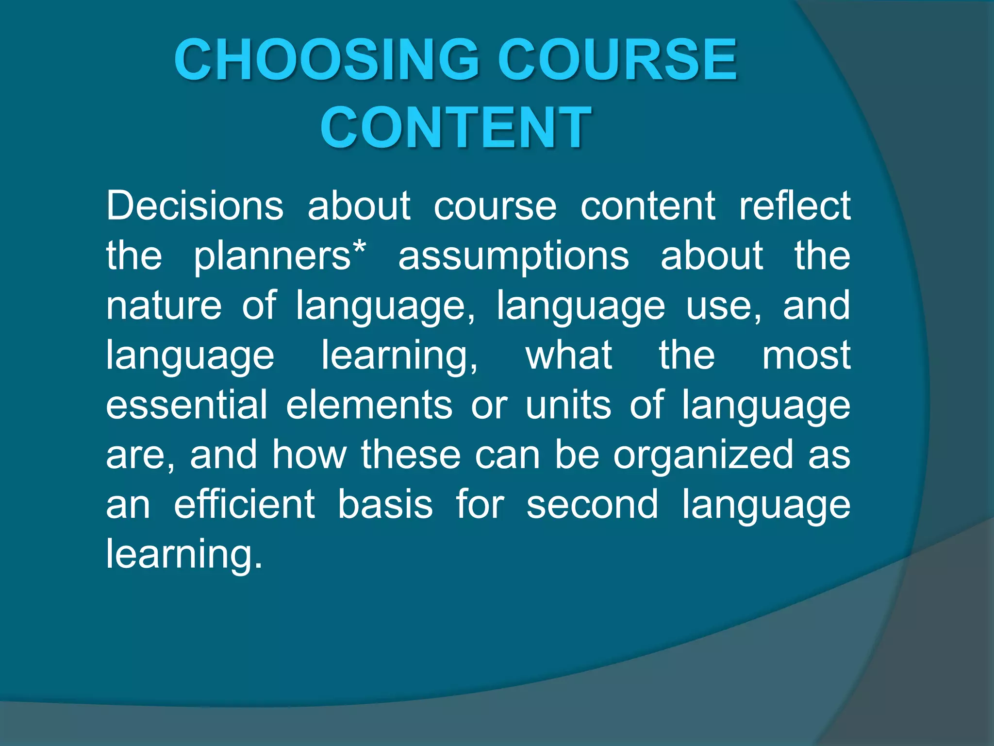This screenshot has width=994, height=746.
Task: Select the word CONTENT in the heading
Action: (455, 127)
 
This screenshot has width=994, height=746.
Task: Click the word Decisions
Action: (195, 206)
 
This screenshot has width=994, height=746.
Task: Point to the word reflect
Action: (795, 206)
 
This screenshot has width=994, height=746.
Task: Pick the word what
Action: (569, 356)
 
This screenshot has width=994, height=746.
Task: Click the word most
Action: (806, 356)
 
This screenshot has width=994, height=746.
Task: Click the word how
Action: (309, 455)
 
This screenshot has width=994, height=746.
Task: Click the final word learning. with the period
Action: (184, 555)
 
